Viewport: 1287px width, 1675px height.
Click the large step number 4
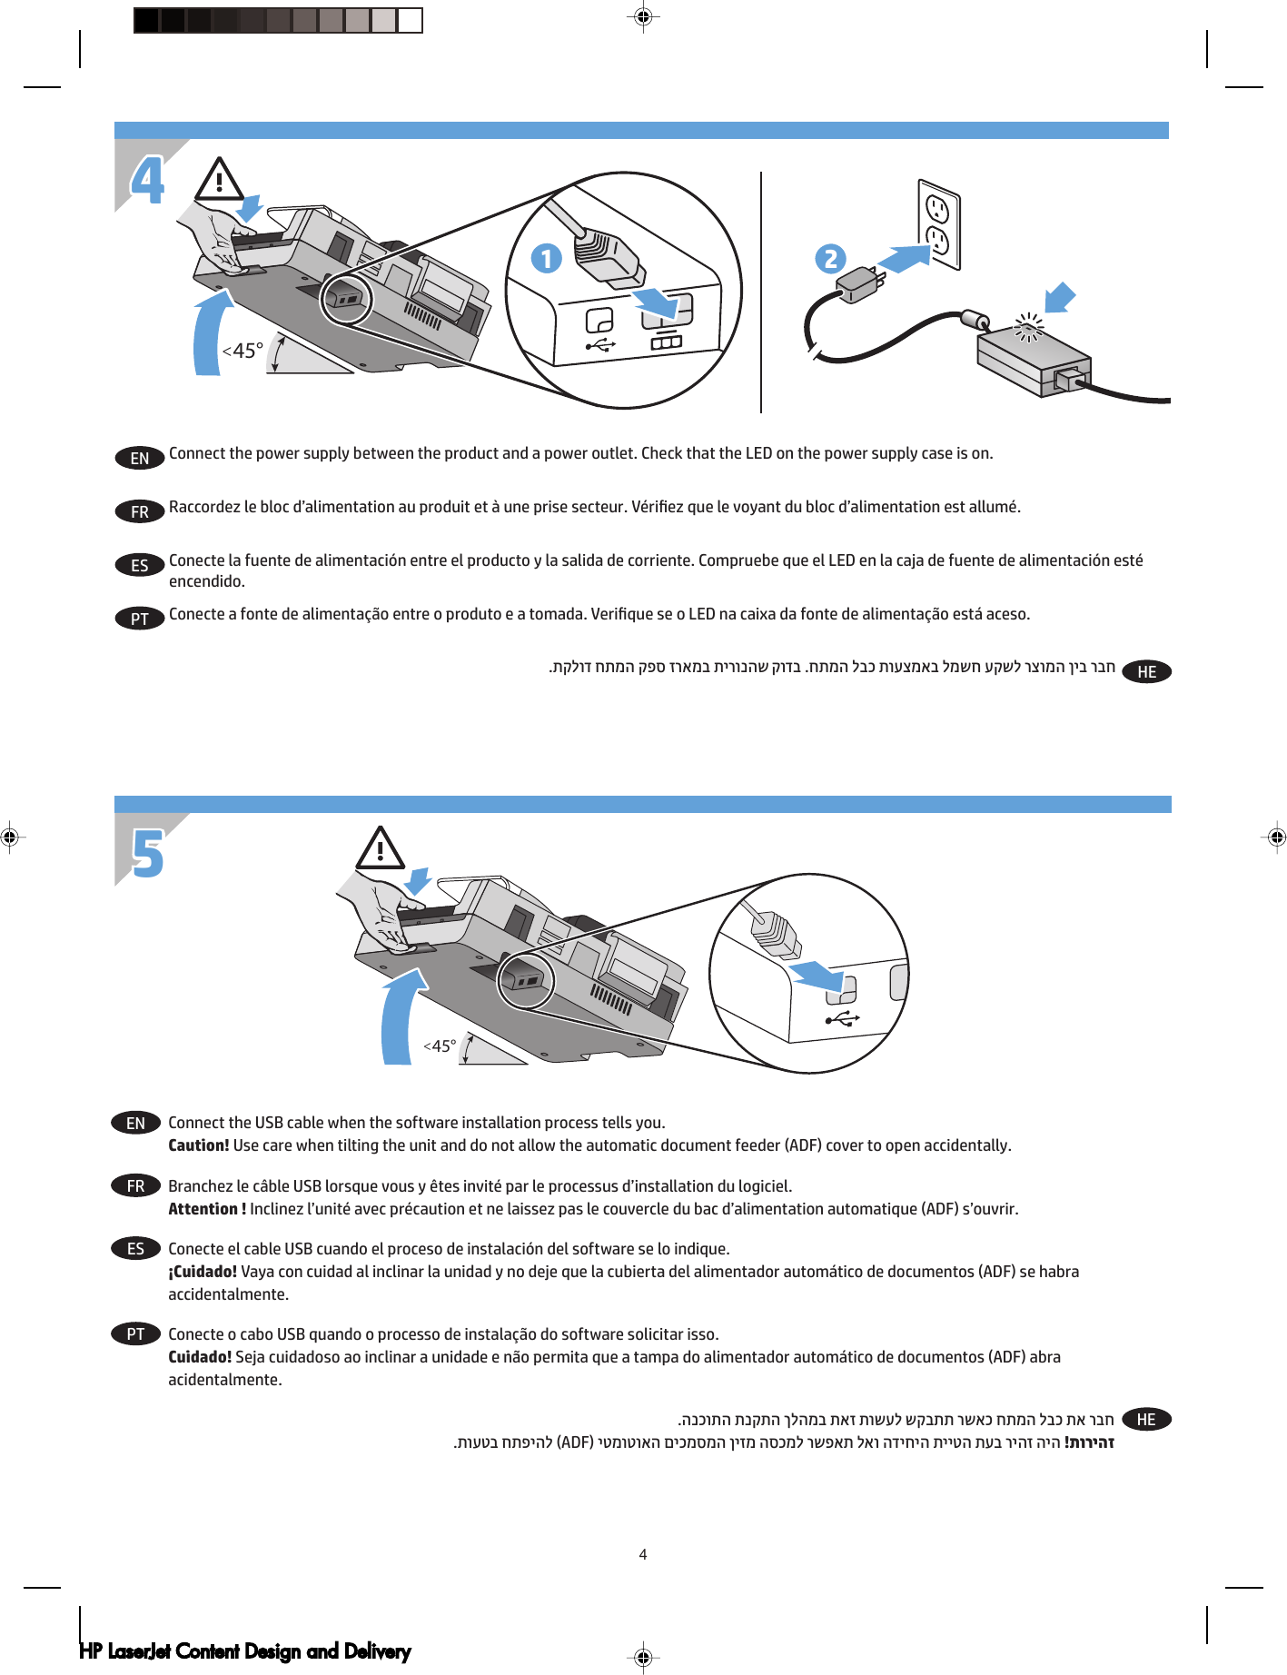(148, 180)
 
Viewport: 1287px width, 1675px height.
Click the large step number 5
(148, 854)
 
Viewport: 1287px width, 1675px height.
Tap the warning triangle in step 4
(219, 180)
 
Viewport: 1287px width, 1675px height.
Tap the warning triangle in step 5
(380, 849)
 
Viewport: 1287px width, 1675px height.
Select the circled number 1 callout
(546, 259)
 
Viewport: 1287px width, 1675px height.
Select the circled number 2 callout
(830, 259)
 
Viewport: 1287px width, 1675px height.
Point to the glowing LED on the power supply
(1029, 326)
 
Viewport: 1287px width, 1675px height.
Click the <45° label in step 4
(243, 351)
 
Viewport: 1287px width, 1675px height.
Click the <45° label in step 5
(440, 1046)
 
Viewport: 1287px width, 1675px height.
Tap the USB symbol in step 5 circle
(842, 1018)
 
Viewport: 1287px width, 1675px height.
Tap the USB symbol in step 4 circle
(600, 345)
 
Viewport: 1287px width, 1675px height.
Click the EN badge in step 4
(140, 458)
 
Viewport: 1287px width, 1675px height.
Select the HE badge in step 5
(1146, 1419)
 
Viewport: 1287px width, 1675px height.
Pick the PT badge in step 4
(140, 619)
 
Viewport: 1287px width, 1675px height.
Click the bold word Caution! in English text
(198, 1145)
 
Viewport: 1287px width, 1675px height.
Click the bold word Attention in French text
(203, 1209)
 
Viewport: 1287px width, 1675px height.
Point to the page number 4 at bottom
(643, 1554)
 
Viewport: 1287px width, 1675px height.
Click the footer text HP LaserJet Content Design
(244, 1650)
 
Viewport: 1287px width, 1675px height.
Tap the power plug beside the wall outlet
(856, 284)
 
